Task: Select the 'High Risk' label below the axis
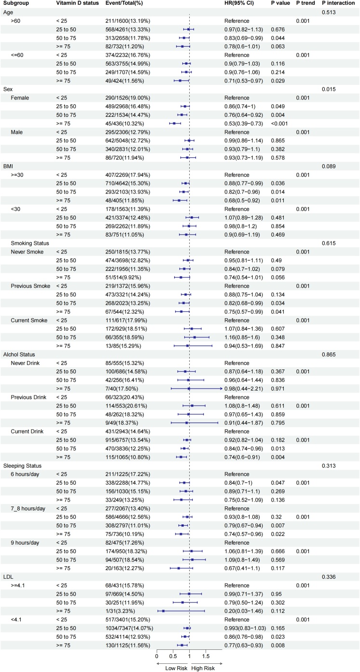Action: [x=203, y=668]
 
